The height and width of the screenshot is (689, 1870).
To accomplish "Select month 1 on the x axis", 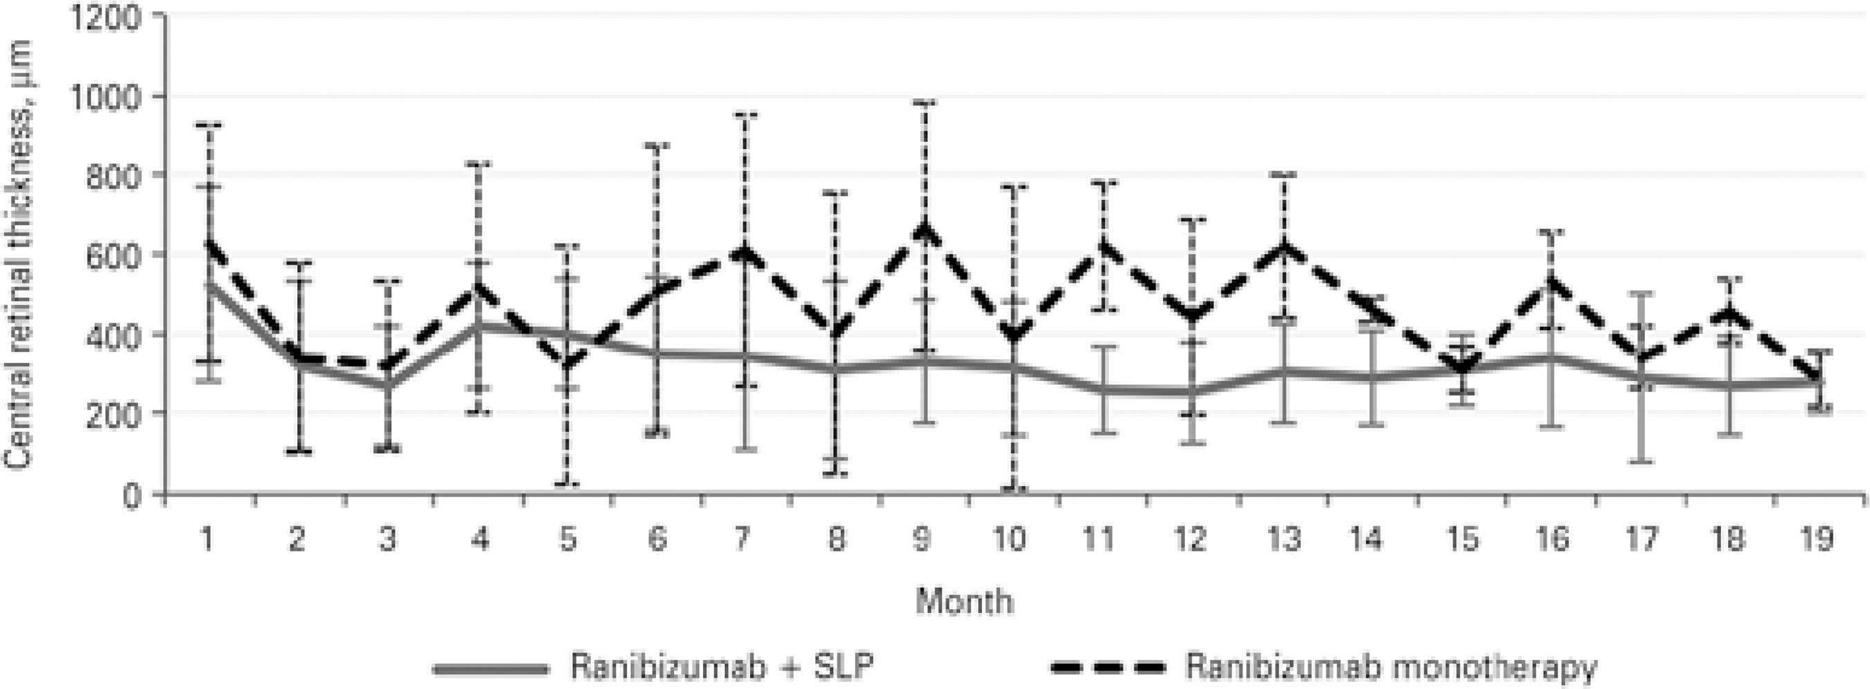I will point(207,540).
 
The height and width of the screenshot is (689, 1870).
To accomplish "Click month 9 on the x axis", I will point(922,540).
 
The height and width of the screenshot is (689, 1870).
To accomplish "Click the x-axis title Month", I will point(964,602).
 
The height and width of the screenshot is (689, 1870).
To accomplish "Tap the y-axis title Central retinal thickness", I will point(20,254).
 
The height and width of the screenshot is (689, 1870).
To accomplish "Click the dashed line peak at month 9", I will point(923,230).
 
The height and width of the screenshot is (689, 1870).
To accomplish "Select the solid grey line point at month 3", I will point(388,385).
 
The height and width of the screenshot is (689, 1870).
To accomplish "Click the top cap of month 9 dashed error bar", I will point(923,103).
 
